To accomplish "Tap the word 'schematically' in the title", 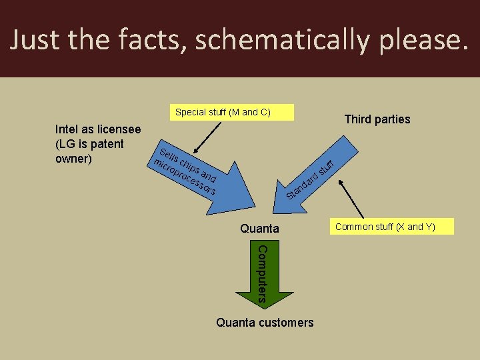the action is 279,40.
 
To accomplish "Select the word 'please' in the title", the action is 418,40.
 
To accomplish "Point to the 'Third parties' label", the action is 377,119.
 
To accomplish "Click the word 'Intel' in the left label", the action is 68,129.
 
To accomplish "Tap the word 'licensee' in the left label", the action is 119,129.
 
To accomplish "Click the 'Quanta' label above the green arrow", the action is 260,229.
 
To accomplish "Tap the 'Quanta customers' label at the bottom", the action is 265,323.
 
